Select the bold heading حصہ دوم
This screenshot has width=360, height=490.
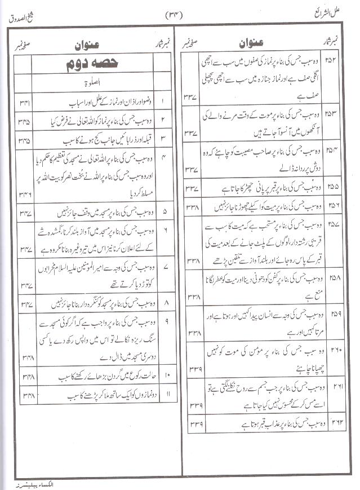point(90,65)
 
